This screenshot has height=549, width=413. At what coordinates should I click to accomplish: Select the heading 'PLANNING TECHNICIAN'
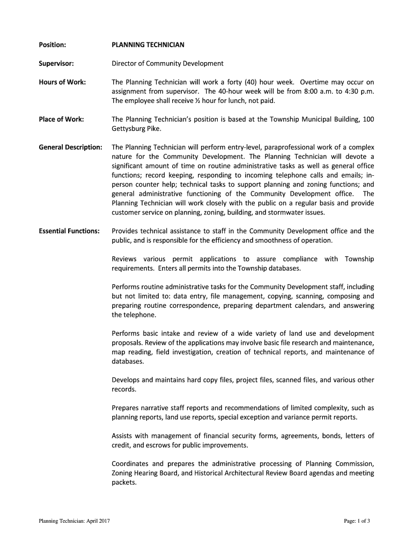tap(148, 45)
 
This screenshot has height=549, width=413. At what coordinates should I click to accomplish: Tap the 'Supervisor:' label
tap(56, 63)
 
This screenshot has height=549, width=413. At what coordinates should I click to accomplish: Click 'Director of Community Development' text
tap(167, 63)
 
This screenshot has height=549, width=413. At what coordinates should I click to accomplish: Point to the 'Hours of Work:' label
tap(62, 82)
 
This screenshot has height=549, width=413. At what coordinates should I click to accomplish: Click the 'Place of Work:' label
tap(61, 119)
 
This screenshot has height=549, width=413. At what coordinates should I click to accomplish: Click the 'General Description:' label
tap(70, 147)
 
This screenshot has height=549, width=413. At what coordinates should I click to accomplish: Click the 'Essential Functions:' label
tap(69, 231)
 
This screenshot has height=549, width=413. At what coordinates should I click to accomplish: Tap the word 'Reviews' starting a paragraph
tap(124, 259)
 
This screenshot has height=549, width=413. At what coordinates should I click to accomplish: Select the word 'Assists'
tap(123, 435)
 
